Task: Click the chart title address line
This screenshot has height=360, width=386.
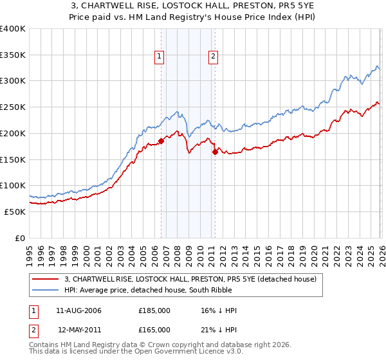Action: click(x=193, y=6)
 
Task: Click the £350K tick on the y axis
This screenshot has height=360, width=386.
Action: click(x=13, y=55)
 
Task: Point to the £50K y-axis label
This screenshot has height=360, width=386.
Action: click(x=15, y=212)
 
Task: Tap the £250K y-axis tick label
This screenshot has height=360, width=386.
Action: click(x=13, y=107)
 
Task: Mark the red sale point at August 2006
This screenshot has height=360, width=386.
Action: click(x=161, y=141)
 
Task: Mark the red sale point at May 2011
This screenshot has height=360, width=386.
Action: click(x=215, y=152)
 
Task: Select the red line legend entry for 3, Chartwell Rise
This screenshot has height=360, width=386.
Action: click(x=190, y=280)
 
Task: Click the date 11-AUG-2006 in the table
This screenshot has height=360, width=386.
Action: click(x=79, y=310)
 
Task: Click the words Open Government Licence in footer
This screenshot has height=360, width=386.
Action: click(x=192, y=352)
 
